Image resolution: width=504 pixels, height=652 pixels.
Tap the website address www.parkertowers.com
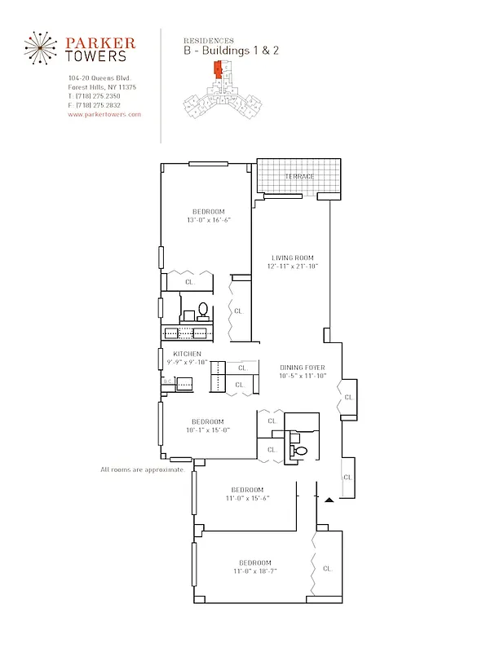[x=104, y=115]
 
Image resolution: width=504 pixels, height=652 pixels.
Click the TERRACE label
[x=298, y=176]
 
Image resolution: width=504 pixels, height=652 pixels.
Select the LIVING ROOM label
[x=293, y=258]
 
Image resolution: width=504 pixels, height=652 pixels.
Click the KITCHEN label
[x=187, y=354]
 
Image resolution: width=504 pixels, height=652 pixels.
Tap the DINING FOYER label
[x=303, y=368]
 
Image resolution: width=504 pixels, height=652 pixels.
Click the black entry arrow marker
[x=329, y=499]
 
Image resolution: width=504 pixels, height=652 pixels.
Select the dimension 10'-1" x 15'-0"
[x=208, y=430]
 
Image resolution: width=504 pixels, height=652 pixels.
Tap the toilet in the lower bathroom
[x=298, y=451]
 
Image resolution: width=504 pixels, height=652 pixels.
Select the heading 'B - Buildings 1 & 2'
[x=231, y=51]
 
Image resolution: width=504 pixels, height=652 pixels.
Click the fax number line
[x=95, y=105]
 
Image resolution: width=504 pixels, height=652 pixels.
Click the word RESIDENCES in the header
[x=209, y=40]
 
